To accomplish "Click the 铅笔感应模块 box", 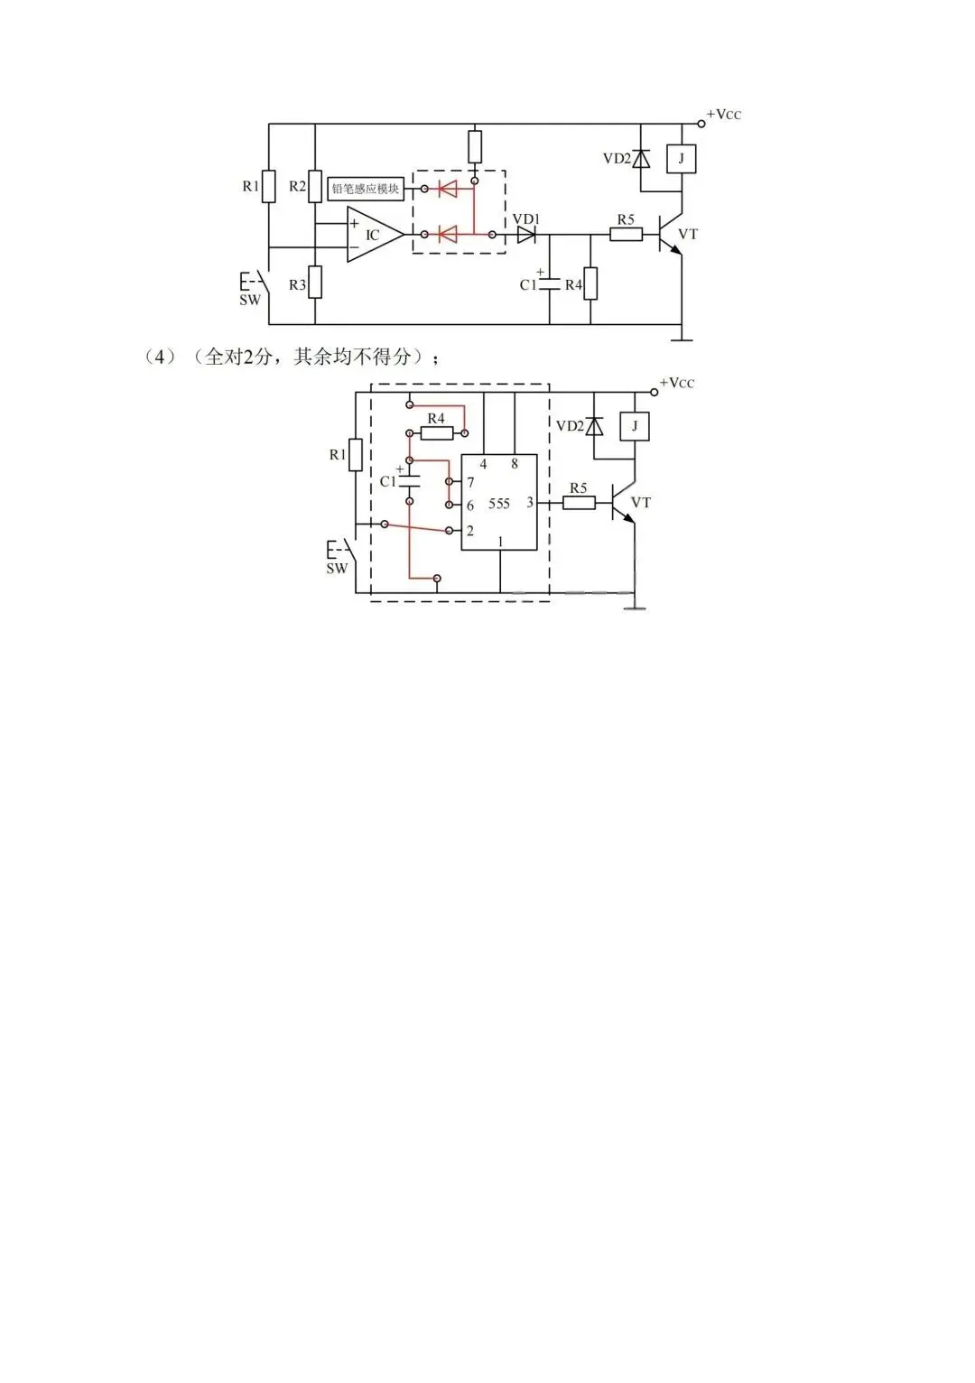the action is point(366,189).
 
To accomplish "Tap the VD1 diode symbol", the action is point(526,235).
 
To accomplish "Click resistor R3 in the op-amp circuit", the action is point(315,283).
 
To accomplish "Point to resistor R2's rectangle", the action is point(315,187).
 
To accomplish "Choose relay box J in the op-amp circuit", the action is point(682,159).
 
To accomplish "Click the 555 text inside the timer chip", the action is point(499,504).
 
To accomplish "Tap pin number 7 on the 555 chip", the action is point(470,482).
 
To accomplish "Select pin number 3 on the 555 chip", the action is point(529,502).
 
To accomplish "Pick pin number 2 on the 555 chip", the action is point(470,530).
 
